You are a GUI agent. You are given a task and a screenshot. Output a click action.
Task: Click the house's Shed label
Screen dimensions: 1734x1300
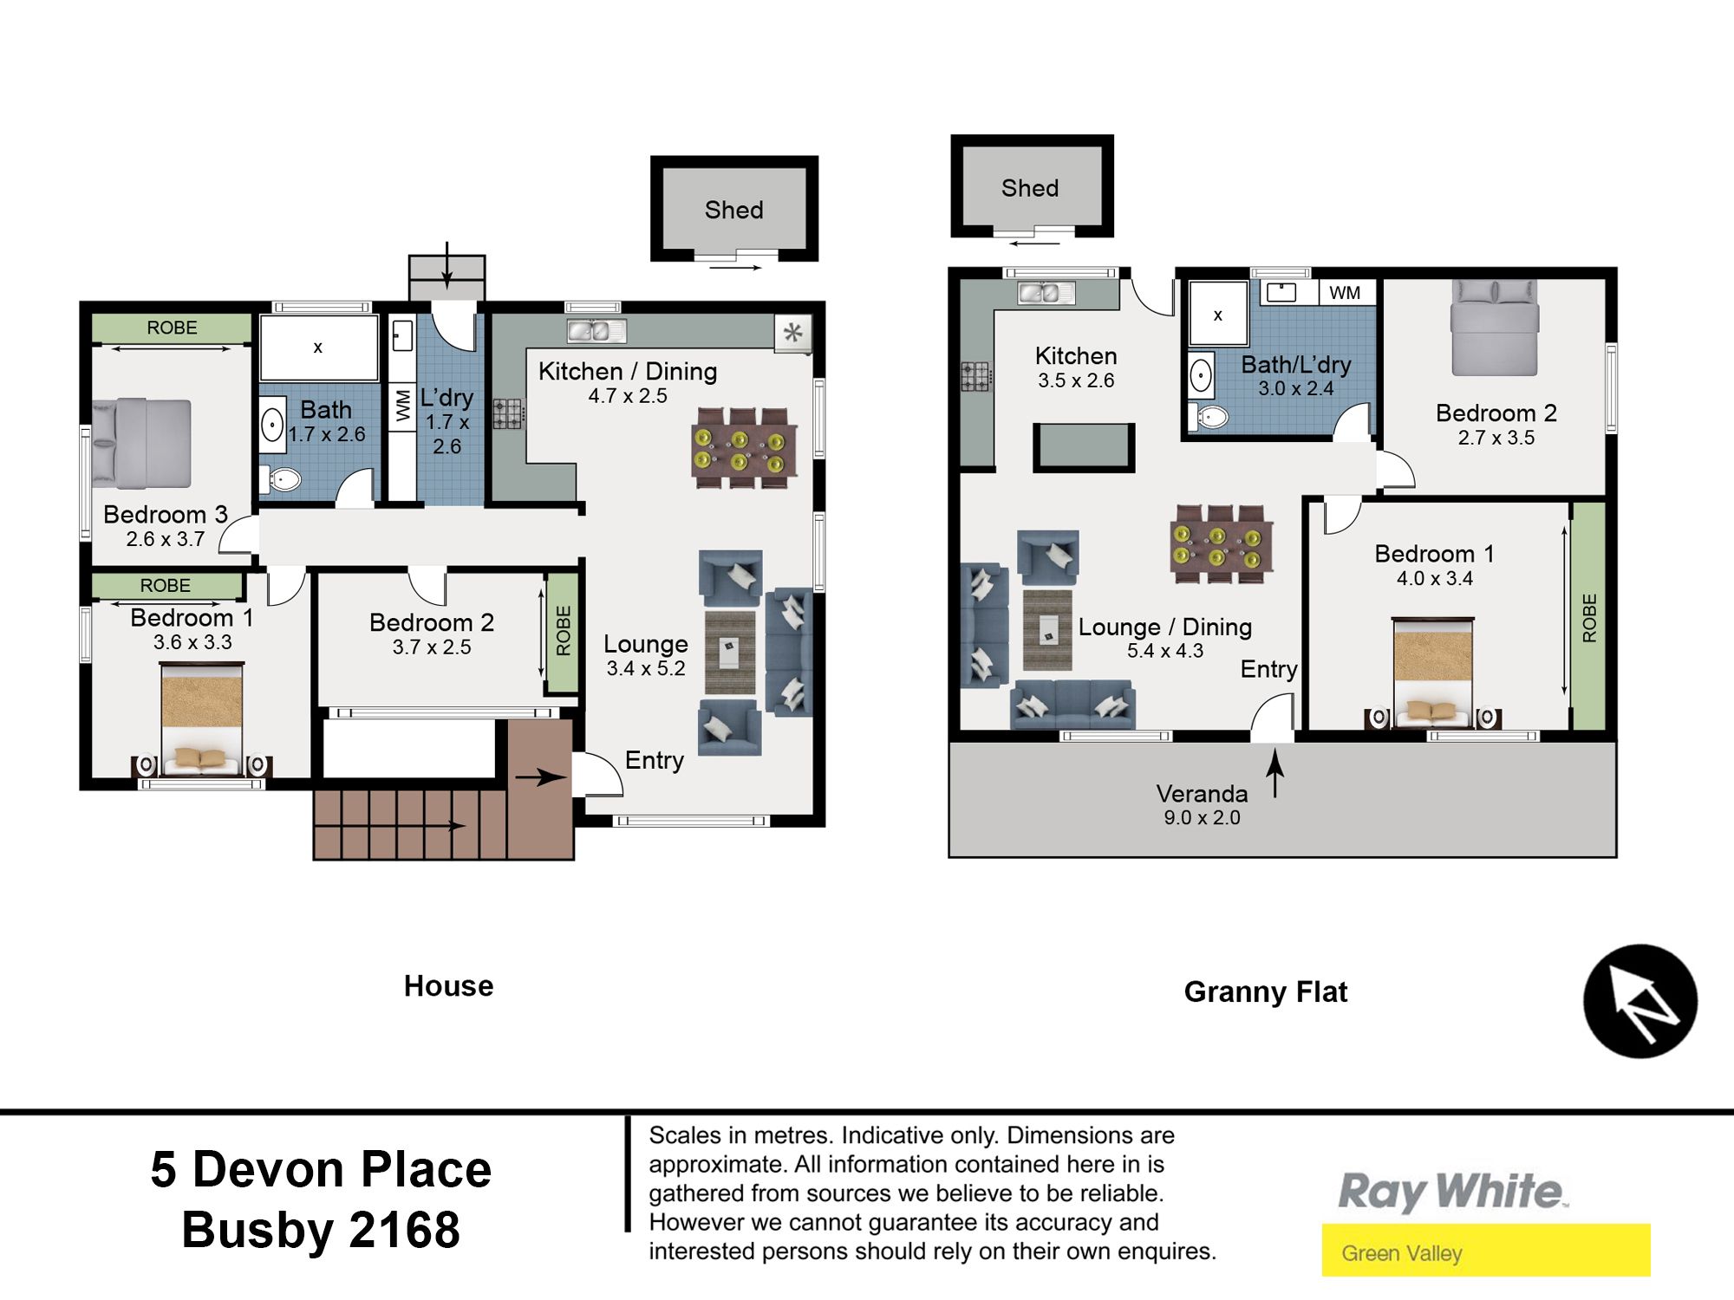[733, 210]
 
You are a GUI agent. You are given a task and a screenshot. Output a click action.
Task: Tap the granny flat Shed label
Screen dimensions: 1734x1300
[1030, 188]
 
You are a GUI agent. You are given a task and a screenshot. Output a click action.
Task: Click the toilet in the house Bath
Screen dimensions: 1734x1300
[281, 478]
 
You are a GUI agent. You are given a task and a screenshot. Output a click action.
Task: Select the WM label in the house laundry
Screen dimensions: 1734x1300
[402, 405]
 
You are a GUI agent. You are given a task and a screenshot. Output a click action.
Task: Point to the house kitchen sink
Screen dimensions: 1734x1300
[596, 331]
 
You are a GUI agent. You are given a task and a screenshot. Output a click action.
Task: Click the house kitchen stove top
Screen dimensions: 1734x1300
[509, 413]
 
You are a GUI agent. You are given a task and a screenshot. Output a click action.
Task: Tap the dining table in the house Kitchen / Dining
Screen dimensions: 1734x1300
[743, 448]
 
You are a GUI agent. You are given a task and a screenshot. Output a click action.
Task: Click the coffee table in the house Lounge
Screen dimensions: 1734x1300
[729, 652]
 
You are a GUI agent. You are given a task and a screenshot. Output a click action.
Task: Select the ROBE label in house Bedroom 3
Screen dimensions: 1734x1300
[172, 328]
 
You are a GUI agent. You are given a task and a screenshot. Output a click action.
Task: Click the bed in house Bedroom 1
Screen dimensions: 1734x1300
[202, 718]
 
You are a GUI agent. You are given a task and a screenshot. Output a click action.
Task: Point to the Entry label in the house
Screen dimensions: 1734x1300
[655, 760]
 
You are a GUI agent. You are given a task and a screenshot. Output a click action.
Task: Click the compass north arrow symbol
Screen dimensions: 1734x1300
[1640, 1001]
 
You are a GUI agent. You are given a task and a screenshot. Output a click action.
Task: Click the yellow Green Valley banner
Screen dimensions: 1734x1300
[1486, 1250]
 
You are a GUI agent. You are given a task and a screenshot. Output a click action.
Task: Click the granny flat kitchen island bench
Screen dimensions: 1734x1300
[1084, 447]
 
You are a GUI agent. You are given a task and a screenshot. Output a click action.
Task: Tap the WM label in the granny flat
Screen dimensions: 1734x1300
[1345, 293]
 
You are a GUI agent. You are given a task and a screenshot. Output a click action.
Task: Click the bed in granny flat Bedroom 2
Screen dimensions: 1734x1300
[1495, 328]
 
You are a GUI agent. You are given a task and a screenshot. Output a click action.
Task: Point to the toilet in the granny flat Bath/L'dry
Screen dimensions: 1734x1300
[1212, 417]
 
